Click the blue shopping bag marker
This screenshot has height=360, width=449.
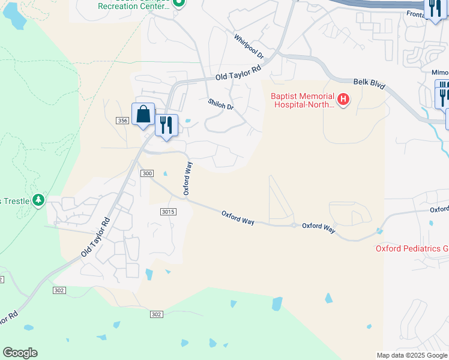pos(143,114)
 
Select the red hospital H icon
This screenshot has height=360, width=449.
pos(343,99)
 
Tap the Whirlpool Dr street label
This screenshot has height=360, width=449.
pos(249,46)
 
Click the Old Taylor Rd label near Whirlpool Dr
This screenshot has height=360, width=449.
pos(239,73)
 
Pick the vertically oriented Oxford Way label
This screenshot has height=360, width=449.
pos(188,178)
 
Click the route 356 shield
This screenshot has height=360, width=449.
pos(122,121)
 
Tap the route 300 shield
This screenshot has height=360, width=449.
pos(147,173)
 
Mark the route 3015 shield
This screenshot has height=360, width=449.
pos(168,212)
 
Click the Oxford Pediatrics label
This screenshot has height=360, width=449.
pos(412,248)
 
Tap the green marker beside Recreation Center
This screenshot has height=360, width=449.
pos(178,3)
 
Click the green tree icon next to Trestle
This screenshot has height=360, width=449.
pos(38,199)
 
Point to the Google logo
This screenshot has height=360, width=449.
pos(20,353)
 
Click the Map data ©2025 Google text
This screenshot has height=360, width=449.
pos(412,355)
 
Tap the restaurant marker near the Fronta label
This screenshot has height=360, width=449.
pos(433,8)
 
